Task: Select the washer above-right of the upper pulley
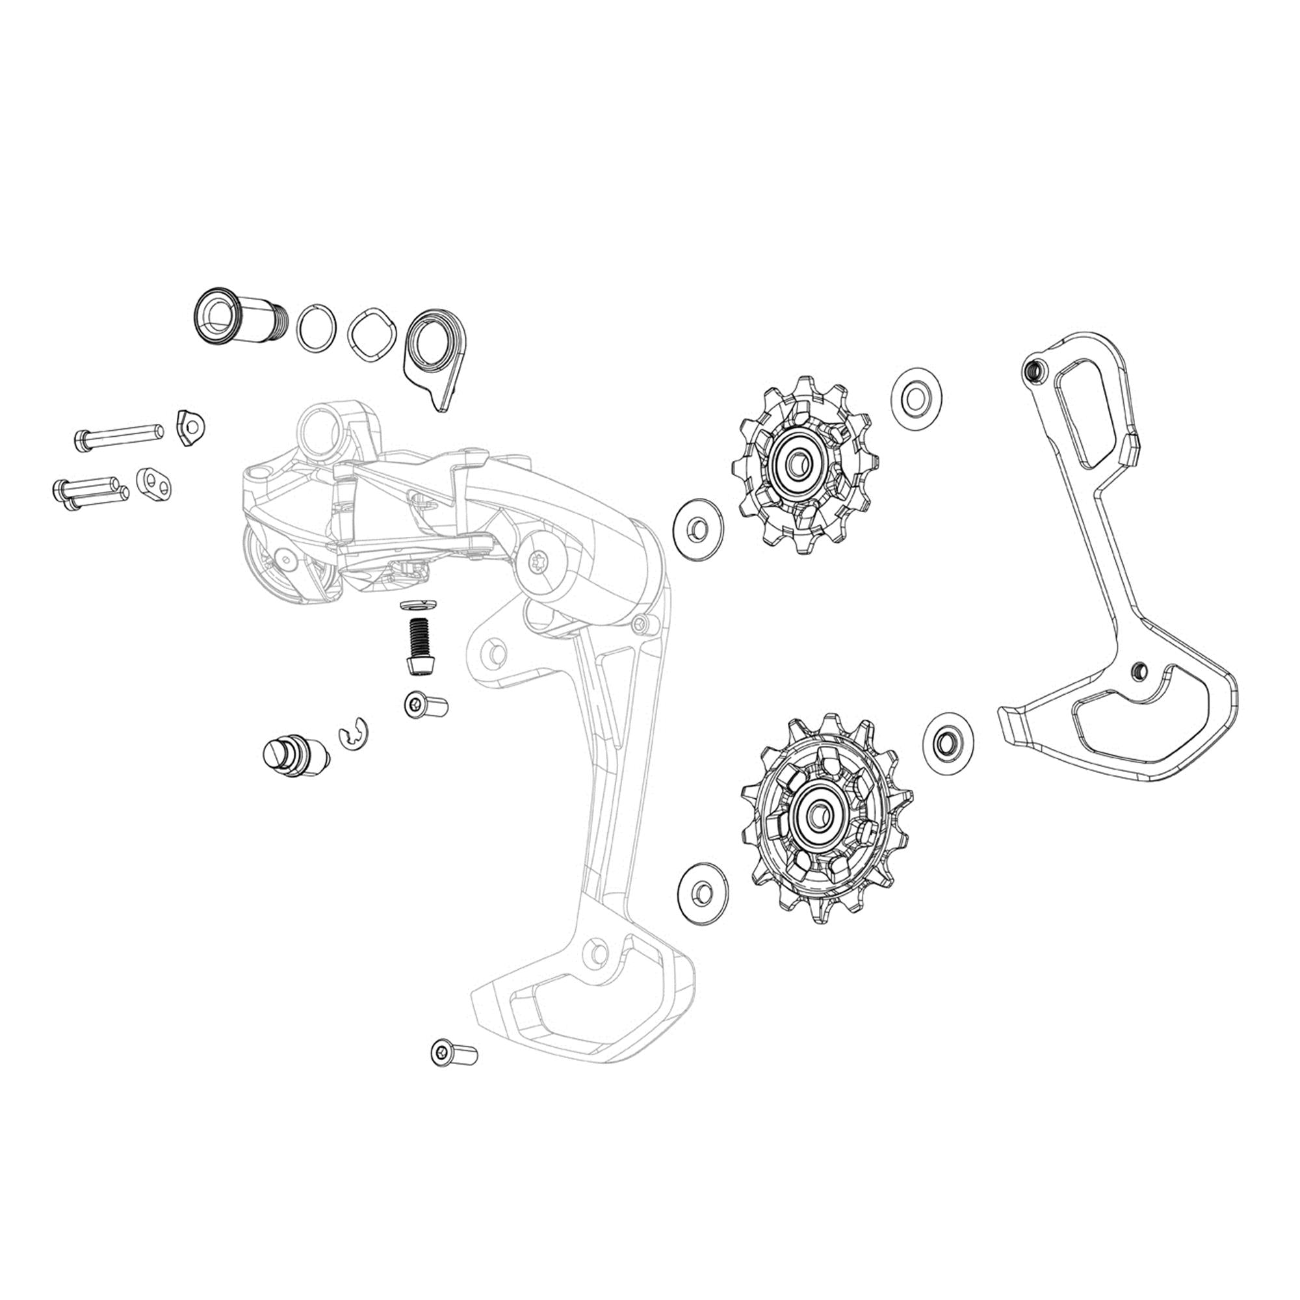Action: (x=916, y=398)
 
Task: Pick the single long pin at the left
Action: (x=118, y=435)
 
